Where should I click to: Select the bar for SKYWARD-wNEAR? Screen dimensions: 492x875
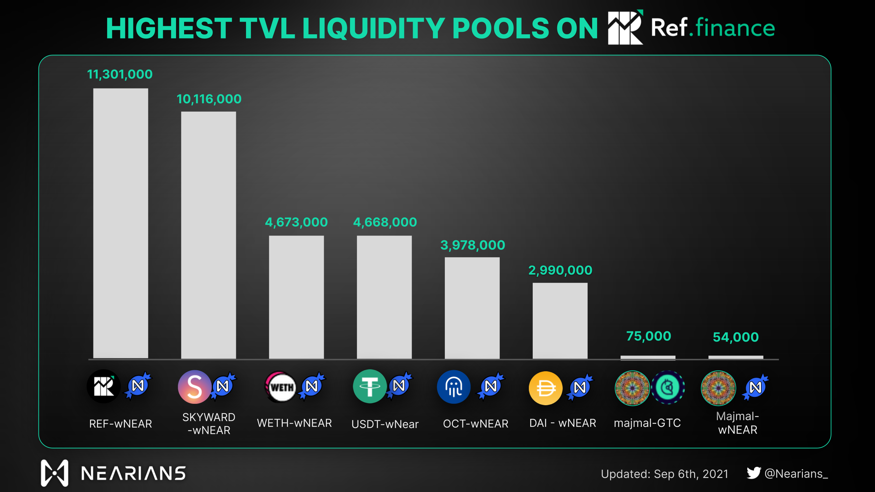[208, 235]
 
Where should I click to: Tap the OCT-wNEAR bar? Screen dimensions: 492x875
[472, 308]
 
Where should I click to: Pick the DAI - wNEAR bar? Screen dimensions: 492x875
[560, 321]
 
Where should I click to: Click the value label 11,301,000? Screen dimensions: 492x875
[120, 74]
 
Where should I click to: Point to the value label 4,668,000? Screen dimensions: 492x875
[385, 222]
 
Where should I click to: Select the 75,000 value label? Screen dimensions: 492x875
[648, 336]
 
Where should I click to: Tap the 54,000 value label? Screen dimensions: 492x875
[736, 337]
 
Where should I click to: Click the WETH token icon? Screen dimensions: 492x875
[281, 387]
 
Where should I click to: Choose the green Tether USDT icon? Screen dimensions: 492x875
[370, 386]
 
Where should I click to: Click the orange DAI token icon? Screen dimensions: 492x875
[545, 388]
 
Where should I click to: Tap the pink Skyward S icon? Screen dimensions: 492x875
[194, 387]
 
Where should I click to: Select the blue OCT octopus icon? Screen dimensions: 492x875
[454, 387]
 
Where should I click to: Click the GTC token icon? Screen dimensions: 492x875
[668, 387]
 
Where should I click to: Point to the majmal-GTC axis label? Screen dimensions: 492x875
[647, 423]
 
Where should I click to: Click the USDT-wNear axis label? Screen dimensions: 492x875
[385, 424]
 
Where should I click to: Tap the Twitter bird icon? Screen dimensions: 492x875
[754, 473]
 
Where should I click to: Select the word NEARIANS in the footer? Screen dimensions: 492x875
[133, 473]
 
